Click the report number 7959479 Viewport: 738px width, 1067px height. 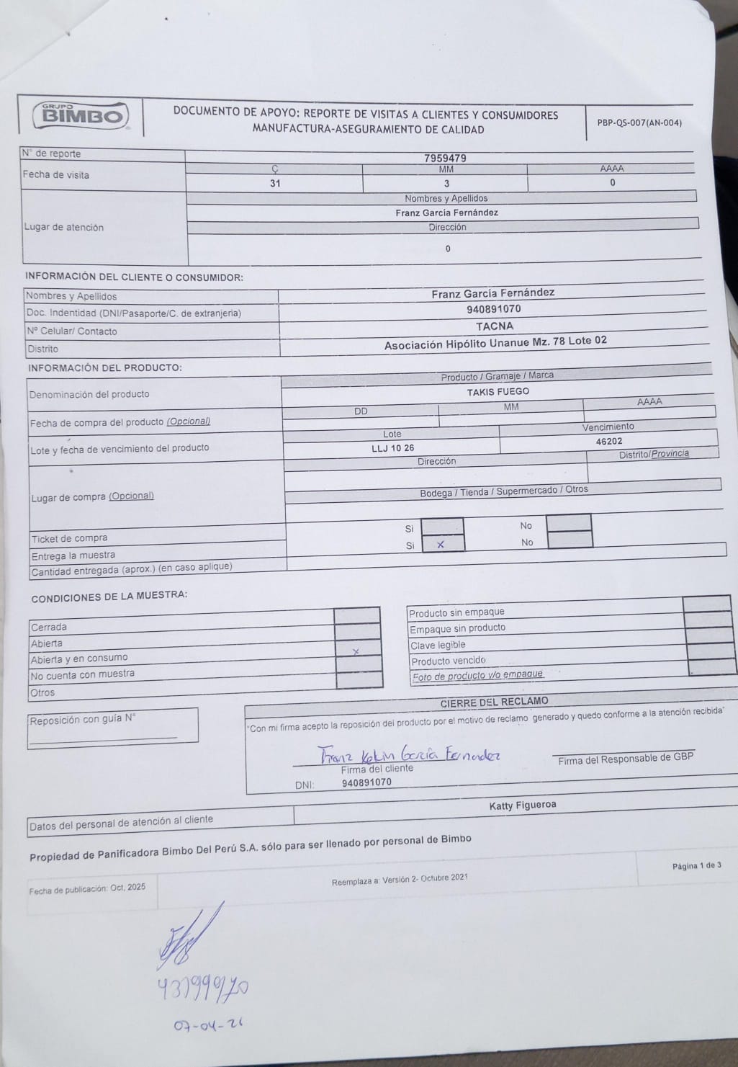click(x=445, y=158)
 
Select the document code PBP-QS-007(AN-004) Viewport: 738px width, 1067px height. click(x=639, y=122)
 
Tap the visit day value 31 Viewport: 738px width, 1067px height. click(x=275, y=183)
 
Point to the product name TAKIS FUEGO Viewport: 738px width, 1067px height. click(x=498, y=392)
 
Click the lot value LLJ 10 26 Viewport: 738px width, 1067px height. click(x=392, y=448)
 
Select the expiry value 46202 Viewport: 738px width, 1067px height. click(x=609, y=442)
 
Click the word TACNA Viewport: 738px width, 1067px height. click(x=495, y=326)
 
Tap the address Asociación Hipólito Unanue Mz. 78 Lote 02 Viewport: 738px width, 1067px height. click(x=495, y=343)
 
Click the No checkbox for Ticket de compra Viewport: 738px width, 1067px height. click(x=568, y=522)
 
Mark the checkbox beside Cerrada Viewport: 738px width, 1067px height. click(x=357, y=615)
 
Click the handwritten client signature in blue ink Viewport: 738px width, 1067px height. click(x=410, y=754)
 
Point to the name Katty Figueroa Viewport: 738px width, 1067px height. click(x=523, y=805)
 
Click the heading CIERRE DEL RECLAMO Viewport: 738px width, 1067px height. click(x=494, y=702)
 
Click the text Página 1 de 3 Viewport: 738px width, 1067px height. click(x=696, y=865)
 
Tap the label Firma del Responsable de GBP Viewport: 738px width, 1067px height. click(x=626, y=758)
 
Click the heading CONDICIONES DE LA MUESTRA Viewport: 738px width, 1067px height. click(x=109, y=596)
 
